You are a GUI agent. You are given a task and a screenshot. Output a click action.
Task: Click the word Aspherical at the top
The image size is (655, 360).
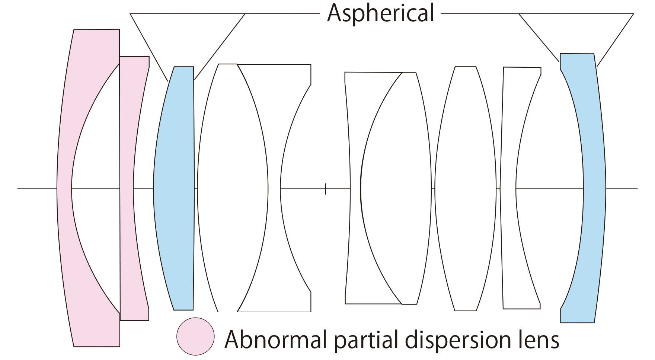point(380,13)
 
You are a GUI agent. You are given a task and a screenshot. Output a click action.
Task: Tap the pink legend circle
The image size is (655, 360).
point(195,336)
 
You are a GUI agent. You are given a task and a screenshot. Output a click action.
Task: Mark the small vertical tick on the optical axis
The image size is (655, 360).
point(326,189)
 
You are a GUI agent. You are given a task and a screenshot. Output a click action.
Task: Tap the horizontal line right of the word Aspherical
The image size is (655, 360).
point(480,14)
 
